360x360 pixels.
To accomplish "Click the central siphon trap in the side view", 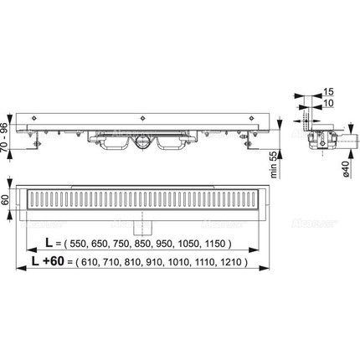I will click(143, 142).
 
